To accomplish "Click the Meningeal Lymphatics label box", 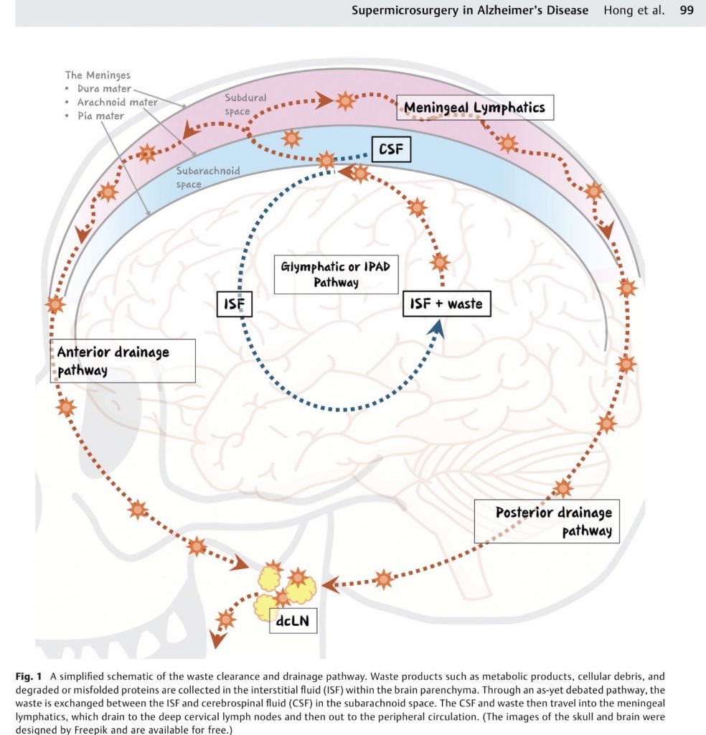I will click(x=474, y=108).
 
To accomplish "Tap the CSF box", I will click(x=391, y=150).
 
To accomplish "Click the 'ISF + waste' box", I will click(x=446, y=304).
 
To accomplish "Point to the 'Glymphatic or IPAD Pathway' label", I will click(x=336, y=275).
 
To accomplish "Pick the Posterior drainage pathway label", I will click(x=548, y=522).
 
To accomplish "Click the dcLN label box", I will click(x=293, y=621).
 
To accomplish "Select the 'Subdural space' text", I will click(x=237, y=104).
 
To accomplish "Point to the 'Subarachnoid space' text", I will click(x=208, y=177).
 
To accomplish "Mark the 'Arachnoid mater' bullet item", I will click(x=117, y=103).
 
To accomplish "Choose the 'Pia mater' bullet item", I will click(x=100, y=116).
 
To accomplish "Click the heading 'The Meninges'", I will click(x=98, y=75).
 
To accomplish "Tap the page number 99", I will click(x=687, y=10).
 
